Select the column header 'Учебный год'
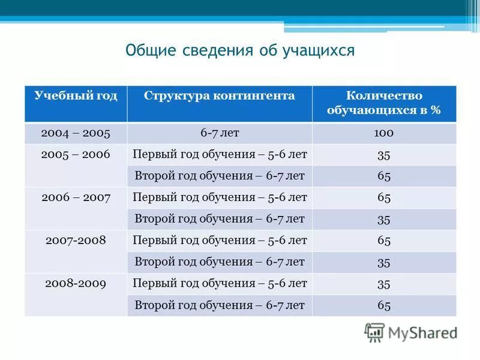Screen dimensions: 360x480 click(76, 96)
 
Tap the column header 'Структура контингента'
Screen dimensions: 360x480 click(220, 96)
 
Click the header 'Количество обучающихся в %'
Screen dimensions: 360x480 click(384, 103)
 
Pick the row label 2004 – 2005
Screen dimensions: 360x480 click(76, 133)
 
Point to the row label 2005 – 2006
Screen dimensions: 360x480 click(76, 155)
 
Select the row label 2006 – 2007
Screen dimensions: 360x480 click(76, 197)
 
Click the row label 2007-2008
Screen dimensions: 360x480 click(76, 240)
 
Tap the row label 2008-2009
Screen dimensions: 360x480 click(76, 283)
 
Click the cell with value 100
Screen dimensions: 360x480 click(384, 133)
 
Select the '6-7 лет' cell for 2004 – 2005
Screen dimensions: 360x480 click(220, 133)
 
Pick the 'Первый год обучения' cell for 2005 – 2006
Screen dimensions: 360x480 click(220, 155)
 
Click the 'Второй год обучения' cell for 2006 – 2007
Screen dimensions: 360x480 click(220, 219)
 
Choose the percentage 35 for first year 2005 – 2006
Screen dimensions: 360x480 click(384, 155)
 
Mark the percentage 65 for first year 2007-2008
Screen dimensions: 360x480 click(384, 241)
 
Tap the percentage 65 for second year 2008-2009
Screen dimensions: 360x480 click(384, 305)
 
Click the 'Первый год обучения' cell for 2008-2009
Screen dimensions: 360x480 click(220, 283)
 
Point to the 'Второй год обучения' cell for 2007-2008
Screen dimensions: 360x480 click(220, 262)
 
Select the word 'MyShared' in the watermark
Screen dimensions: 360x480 click(422, 332)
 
